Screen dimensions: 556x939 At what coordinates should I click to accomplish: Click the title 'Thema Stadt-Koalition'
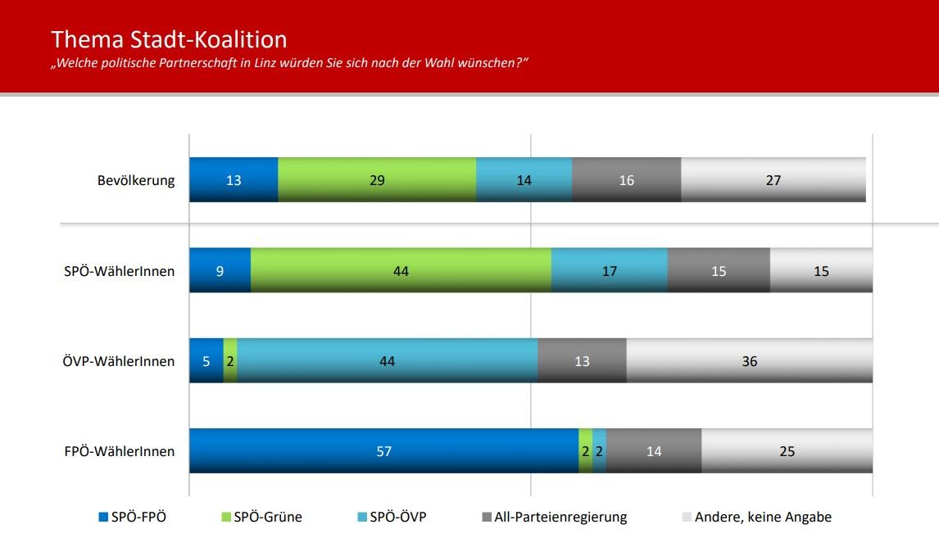pos(169,39)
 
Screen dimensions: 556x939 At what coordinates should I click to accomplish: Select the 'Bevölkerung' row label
pos(136,180)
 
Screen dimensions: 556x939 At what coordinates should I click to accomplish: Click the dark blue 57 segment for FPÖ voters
pos(383,451)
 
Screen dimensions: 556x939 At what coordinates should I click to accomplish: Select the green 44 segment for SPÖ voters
pos(401,271)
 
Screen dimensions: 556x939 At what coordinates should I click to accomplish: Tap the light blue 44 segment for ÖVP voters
pos(387,361)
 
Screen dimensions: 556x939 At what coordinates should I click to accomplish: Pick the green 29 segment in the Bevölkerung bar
pos(377,180)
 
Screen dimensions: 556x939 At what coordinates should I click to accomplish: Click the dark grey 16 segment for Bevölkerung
pos(626,180)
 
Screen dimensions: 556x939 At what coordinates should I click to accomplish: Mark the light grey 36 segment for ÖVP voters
pos(749,361)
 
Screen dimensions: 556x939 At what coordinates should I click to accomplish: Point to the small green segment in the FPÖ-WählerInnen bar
pos(585,451)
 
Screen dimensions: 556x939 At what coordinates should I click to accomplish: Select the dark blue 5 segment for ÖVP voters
pos(206,361)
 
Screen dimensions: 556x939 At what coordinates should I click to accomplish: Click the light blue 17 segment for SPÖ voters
pos(609,271)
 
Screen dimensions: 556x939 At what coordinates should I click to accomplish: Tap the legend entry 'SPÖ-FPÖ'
pos(138,517)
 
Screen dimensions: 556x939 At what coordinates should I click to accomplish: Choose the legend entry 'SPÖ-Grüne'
pos(267,517)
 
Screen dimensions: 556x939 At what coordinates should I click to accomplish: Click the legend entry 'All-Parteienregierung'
pos(560,517)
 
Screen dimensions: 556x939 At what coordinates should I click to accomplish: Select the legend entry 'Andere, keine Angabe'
pos(762,517)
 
